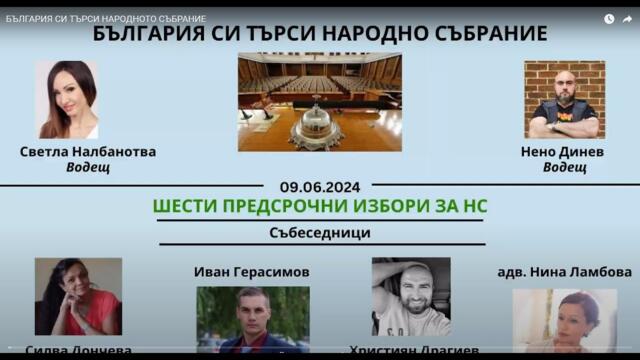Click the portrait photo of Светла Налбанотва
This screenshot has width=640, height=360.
67,99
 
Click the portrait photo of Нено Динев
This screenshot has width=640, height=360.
564,99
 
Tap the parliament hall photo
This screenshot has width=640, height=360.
319,100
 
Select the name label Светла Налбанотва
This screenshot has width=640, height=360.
88,152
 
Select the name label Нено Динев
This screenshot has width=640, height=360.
564,152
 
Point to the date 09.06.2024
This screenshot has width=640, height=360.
320,186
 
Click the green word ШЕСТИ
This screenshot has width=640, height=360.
186,206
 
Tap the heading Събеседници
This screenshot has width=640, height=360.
320,232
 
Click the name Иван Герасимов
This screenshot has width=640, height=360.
251,271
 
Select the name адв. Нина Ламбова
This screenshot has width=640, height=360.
564,272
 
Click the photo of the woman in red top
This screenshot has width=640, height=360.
78,296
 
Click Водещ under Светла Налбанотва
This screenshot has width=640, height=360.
88,168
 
